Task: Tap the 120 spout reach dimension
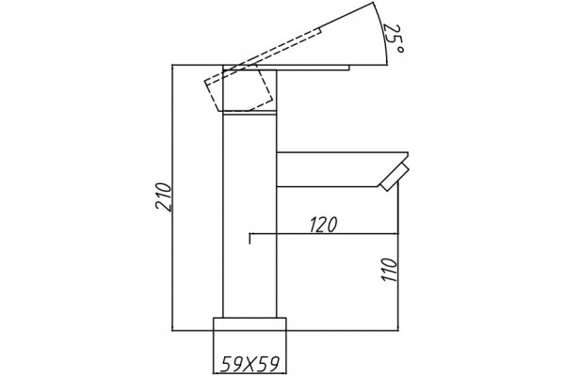(x=323, y=225)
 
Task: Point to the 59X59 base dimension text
(x=250, y=364)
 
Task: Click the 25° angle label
(x=395, y=39)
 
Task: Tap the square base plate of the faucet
(x=250, y=323)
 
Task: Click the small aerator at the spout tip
(x=395, y=177)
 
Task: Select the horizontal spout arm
(x=342, y=169)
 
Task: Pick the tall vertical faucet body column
(x=250, y=216)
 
